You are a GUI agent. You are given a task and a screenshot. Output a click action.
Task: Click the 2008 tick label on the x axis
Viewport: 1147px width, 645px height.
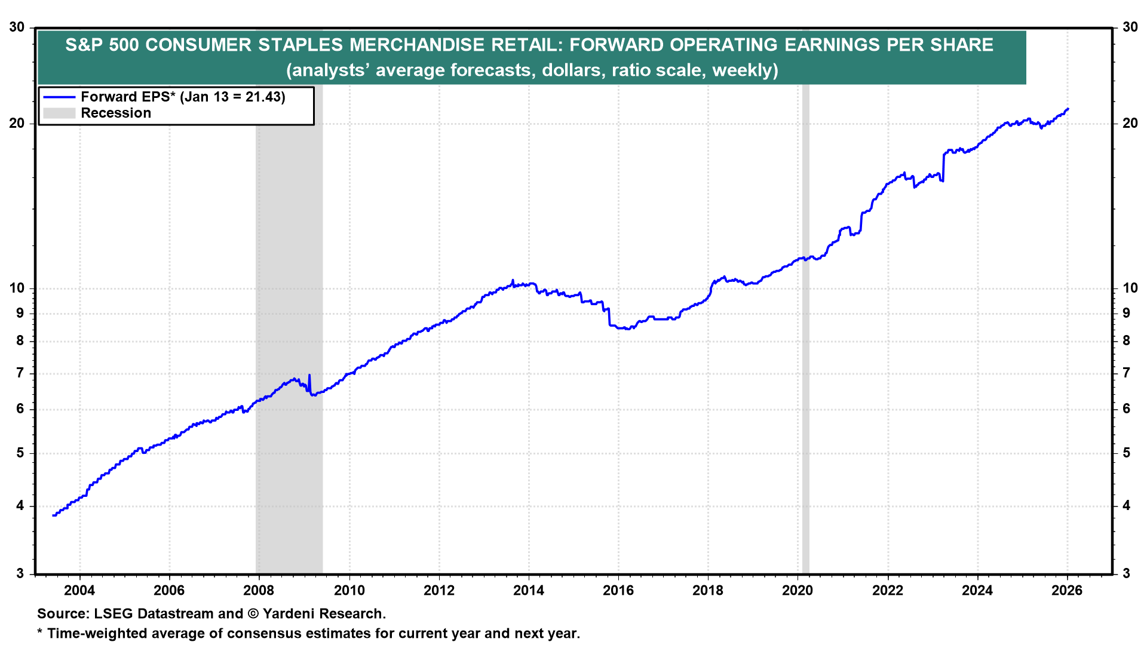tap(259, 591)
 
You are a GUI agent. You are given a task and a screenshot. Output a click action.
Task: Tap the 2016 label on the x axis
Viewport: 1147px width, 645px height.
tap(618, 591)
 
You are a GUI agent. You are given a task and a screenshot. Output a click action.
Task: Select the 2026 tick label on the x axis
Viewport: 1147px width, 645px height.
tap(1067, 591)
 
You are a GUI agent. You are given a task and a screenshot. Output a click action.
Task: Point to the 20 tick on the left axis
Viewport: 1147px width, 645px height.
tap(17, 124)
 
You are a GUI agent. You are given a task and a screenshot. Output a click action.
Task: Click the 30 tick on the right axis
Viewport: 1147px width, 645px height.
tap(1130, 27)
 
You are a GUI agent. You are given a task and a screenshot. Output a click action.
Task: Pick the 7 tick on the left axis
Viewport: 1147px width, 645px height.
tap(20, 373)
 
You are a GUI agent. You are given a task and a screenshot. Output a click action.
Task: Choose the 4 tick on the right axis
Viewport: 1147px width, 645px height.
tap(1126, 506)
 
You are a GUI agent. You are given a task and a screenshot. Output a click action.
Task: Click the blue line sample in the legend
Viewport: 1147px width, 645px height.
tap(59, 97)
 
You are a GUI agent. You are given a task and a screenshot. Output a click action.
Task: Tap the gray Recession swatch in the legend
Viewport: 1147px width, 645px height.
tap(59, 113)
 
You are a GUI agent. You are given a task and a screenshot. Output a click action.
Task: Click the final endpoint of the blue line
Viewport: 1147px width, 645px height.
tap(1068, 109)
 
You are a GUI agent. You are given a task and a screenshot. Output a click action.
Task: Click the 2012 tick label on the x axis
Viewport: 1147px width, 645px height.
tap(438, 591)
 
